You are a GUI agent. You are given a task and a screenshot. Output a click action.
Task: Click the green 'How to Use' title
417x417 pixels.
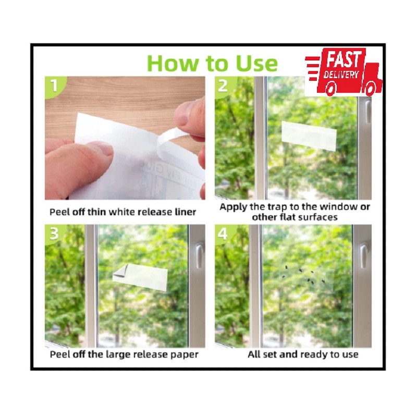click(212, 63)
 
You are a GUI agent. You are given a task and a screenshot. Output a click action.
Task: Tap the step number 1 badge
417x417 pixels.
click(53, 85)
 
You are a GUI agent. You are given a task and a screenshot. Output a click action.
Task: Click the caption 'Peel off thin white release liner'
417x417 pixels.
click(123, 212)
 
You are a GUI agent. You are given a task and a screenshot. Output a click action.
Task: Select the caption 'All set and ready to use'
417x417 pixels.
click(303, 354)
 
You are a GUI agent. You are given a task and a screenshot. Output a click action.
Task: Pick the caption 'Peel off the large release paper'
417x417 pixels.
click(124, 354)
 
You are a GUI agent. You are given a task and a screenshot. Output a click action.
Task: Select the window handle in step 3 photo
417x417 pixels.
click(199, 255)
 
